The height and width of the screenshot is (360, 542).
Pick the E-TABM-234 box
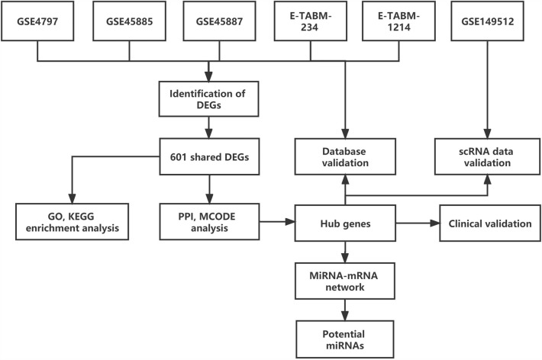point(310,21)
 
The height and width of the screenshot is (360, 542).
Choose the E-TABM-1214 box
point(398,21)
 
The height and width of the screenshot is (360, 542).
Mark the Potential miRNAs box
point(347,336)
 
